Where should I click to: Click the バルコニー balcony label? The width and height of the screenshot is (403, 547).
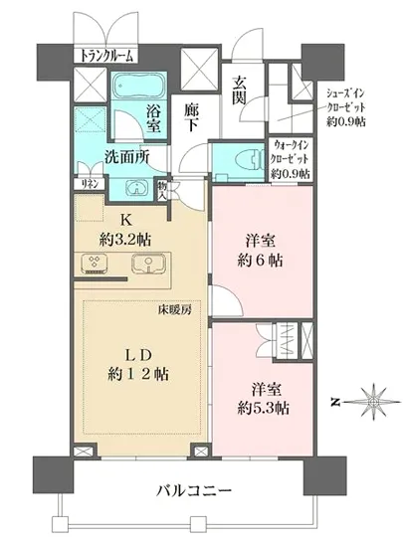194,491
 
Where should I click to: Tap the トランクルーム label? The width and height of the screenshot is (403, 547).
106,55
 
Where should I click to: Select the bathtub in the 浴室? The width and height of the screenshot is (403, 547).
139,86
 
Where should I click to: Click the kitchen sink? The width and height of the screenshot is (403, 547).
148,264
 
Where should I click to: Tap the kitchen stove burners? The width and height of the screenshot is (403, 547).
93,265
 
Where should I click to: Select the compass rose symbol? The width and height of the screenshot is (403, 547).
374,402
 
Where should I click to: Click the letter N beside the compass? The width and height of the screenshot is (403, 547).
335,402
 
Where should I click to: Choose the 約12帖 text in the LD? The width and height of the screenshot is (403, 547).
138,375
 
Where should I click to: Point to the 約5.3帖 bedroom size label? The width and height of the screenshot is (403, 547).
263,408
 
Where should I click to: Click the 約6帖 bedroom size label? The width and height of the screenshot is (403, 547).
260,261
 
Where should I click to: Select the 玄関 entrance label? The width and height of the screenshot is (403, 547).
240,90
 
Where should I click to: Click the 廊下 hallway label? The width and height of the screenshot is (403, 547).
191,118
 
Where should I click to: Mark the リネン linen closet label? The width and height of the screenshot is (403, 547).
90,184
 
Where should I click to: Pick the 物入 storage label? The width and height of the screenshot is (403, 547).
162,191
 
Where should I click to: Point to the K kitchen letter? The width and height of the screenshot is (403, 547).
125,220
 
